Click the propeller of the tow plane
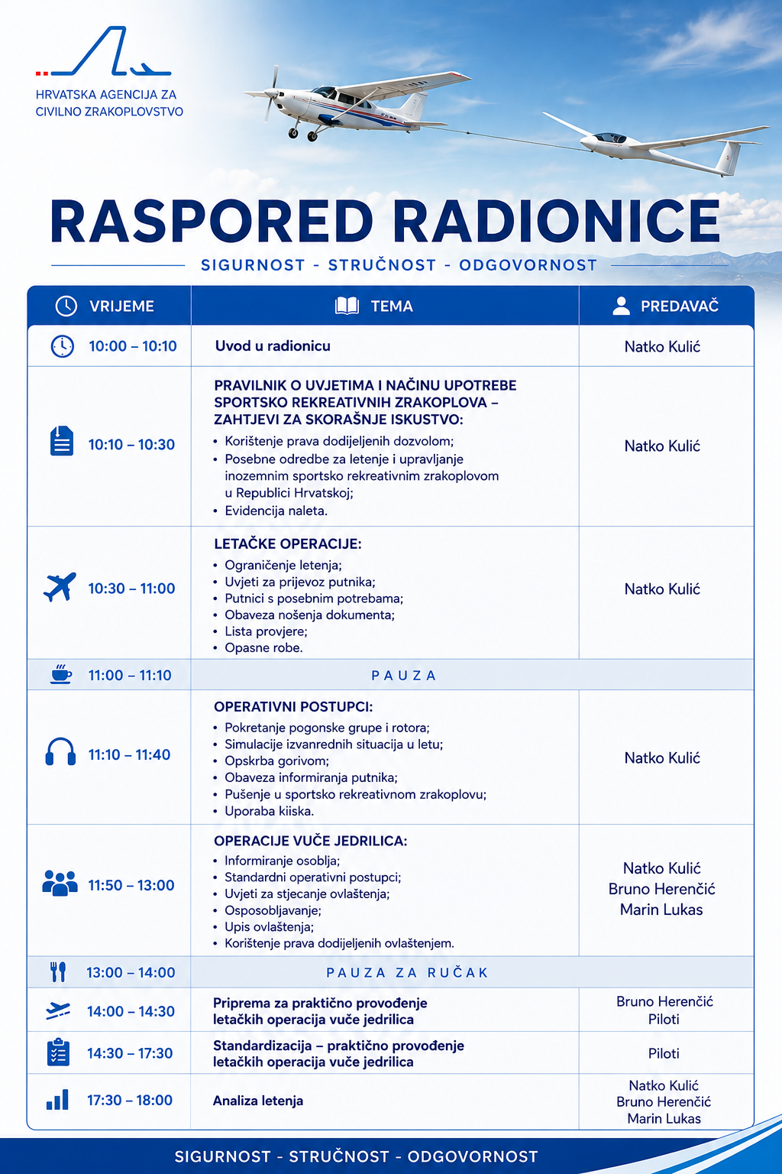tap(271, 93)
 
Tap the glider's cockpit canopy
tap(609, 138)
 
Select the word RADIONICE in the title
tap(557, 221)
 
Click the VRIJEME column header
tap(121, 306)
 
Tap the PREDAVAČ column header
tap(680, 306)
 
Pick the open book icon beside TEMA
tap(347, 306)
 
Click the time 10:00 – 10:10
tap(133, 346)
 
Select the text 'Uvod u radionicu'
tap(273, 346)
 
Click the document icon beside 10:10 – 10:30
tap(62, 441)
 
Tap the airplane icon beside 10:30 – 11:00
tap(60, 587)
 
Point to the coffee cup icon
tap(61, 674)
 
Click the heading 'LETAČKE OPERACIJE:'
tap(288, 543)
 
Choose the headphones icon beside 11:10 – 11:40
tap(60, 752)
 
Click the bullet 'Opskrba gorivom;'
tap(276, 761)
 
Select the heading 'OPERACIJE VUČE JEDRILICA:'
tap(310, 841)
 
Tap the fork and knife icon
tap(58, 971)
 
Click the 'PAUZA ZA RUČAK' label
tap(407, 973)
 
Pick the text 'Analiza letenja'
tap(257, 1101)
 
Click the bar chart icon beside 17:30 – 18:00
tap(57, 1100)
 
